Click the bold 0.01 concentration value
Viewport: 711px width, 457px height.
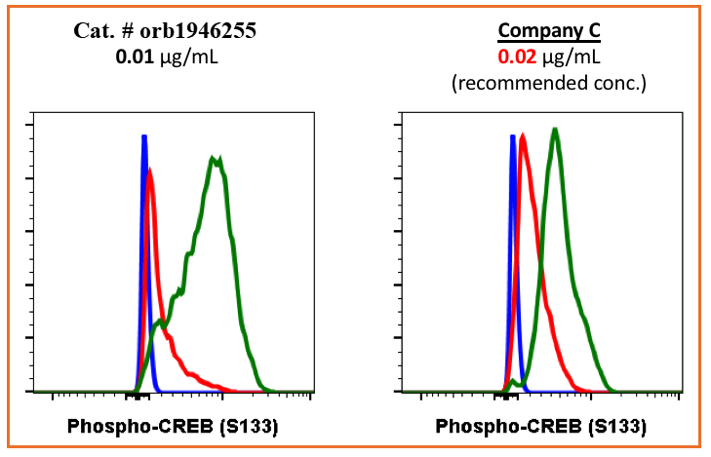click(x=133, y=57)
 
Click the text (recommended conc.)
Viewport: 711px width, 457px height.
click(x=549, y=83)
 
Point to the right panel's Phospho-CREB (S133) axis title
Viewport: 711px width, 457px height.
click(x=540, y=426)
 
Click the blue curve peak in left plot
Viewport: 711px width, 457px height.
click(x=144, y=138)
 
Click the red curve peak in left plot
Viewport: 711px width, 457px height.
click(x=149, y=171)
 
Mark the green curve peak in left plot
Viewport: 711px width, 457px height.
click(x=216, y=157)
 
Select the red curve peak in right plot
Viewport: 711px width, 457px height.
click(x=524, y=138)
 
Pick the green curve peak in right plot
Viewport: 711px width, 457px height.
click(x=555, y=130)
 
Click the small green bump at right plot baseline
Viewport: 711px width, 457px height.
click(x=511, y=381)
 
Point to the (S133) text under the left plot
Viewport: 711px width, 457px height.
click(x=244, y=426)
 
